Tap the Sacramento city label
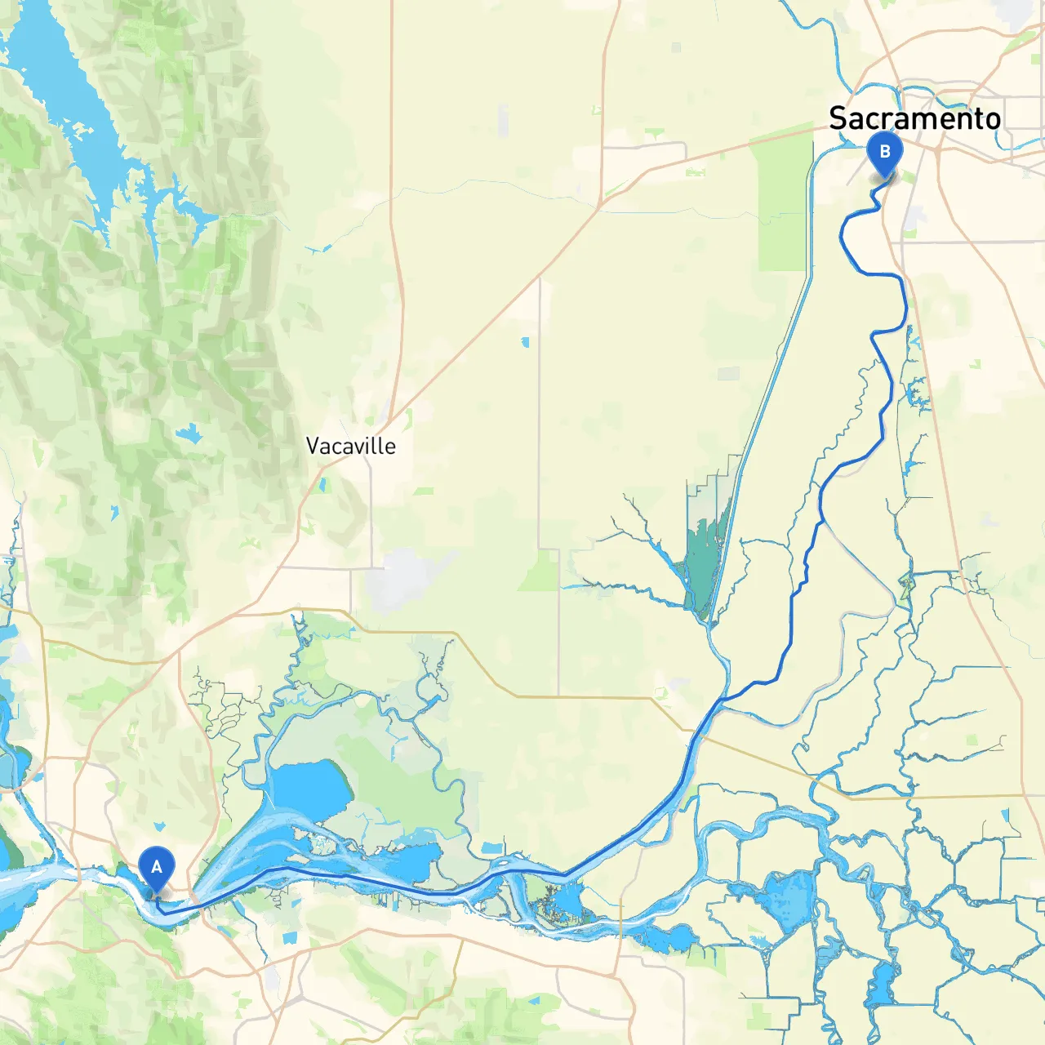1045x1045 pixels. click(914, 118)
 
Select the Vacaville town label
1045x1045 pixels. click(350, 446)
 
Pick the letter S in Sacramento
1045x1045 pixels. click(838, 118)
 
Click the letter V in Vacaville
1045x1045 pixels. click(313, 446)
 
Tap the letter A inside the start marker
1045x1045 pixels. click(156, 866)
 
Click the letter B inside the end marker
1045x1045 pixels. click(884, 151)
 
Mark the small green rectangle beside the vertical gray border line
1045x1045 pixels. click(540, 571)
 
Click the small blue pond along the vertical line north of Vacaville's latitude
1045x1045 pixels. click(525, 342)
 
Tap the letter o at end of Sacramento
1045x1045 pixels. click(991, 119)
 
